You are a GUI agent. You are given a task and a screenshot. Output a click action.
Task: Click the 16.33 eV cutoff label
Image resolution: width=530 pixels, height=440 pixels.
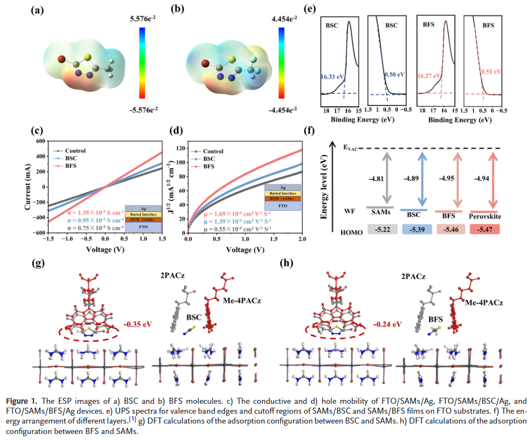point(331,78)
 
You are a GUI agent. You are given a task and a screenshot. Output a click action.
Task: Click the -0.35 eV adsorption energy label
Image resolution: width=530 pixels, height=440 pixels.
point(138,324)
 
